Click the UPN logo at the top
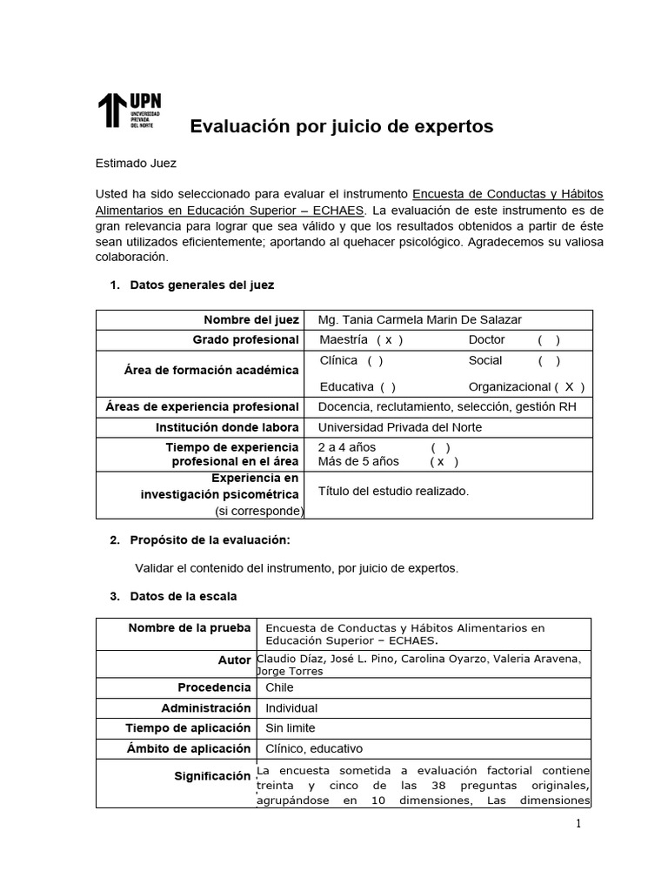(x=129, y=110)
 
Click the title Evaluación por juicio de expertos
(x=341, y=127)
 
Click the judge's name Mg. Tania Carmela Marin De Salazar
(x=420, y=319)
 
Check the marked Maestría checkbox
(x=389, y=340)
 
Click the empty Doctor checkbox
(x=548, y=340)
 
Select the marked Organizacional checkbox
(x=569, y=387)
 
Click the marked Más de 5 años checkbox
(x=443, y=461)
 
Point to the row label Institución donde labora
(x=227, y=427)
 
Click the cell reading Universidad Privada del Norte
(x=400, y=427)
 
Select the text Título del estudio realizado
(x=393, y=491)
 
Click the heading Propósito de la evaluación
(x=210, y=540)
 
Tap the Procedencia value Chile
(x=279, y=687)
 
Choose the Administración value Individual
(x=291, y=708)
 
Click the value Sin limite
(x=291, y=728)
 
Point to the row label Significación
(x=212, y=775)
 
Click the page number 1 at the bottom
(x=577, y=825)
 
